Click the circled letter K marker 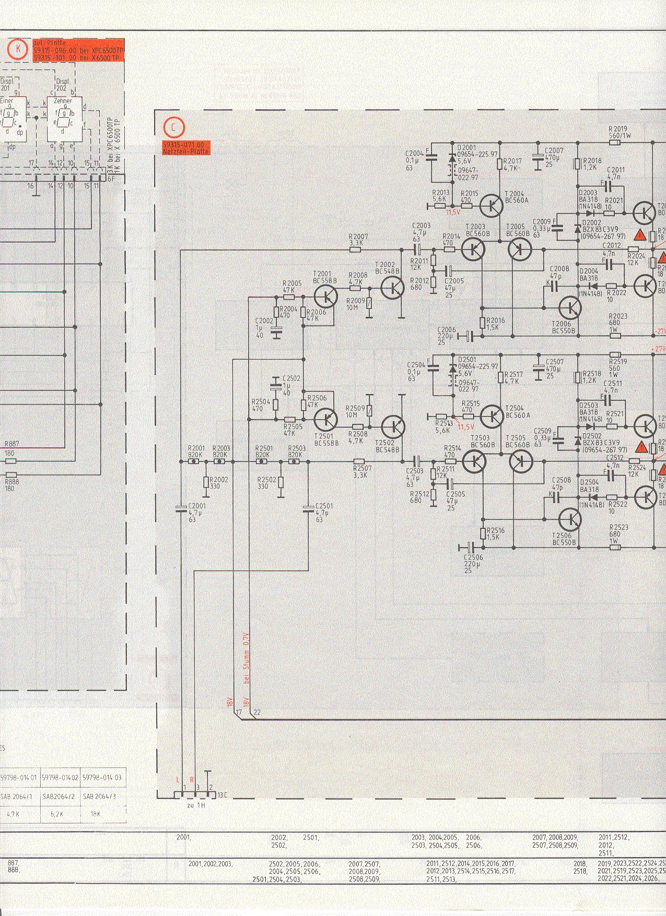pyautogui.click(x=18, y=50)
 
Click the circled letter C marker pyautogui.click(x=173, y=127)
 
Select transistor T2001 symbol pyautogui.click(x=327, y=296)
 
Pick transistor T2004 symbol pyautogui.click(x=491, y=206)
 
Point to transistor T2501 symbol pyautogui.click(x=327, y=419)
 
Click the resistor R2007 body pyautogui.click(x=356, y=249)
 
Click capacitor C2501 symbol pyautogui.click(x=308, y=507)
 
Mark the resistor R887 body pyautogui.click(x=10, y=461)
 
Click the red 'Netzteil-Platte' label pyautogui.click(x=185, y=151)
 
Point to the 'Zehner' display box pyautogui.click(x=63, y=119)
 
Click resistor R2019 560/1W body pyautogui.click(x=615, y=142)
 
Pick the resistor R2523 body pyautogui.click(x=616, y=548)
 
